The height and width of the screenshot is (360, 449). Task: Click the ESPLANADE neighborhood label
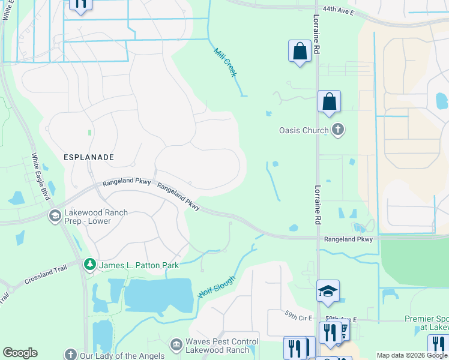coord(88,157)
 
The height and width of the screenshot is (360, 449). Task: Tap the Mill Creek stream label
coord(225,62)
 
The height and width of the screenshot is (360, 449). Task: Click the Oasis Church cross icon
coord(338,130)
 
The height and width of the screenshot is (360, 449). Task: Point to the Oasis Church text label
coord(304,130)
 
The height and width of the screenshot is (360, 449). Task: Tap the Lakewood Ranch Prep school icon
coord(55,216)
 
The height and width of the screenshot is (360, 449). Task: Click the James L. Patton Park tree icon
coord(89,264)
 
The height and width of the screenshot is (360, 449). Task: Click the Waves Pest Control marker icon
coord(176,344)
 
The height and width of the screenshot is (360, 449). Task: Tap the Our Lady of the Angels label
coord(122,356)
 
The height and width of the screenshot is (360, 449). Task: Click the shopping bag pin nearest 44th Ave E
coord(300,52)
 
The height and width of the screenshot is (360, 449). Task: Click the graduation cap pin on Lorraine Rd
coord(328,292)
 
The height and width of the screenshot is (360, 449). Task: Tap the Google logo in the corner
coord(20,353)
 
